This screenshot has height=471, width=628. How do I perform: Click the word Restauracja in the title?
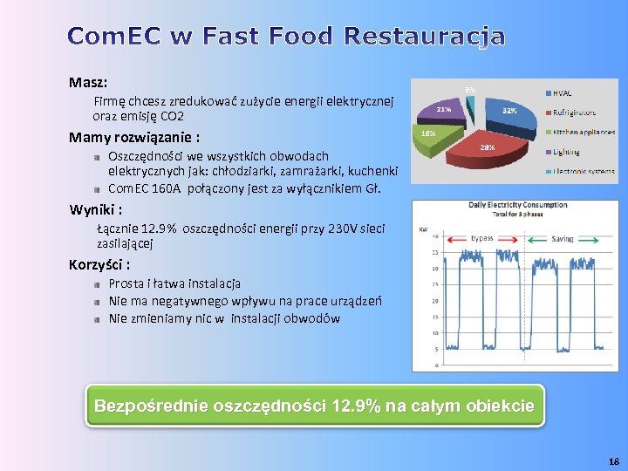pos(424,37)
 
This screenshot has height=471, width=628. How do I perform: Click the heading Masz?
pos(88,83)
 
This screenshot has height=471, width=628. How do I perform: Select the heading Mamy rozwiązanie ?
pos(134,137)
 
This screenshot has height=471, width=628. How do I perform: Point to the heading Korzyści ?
pos(99,264)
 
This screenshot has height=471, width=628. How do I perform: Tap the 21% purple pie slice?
pos(445,111)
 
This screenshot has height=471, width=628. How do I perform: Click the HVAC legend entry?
pos(563,93)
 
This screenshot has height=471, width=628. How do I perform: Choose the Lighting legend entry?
pos(566,152)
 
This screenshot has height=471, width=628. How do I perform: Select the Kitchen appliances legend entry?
pos(584,133)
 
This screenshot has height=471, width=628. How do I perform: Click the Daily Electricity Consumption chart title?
pos(517,206)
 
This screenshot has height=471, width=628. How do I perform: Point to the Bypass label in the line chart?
pos(481,237)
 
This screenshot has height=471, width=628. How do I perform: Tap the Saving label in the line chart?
pos(563,237)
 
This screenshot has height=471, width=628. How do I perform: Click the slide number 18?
pos(612,460)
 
